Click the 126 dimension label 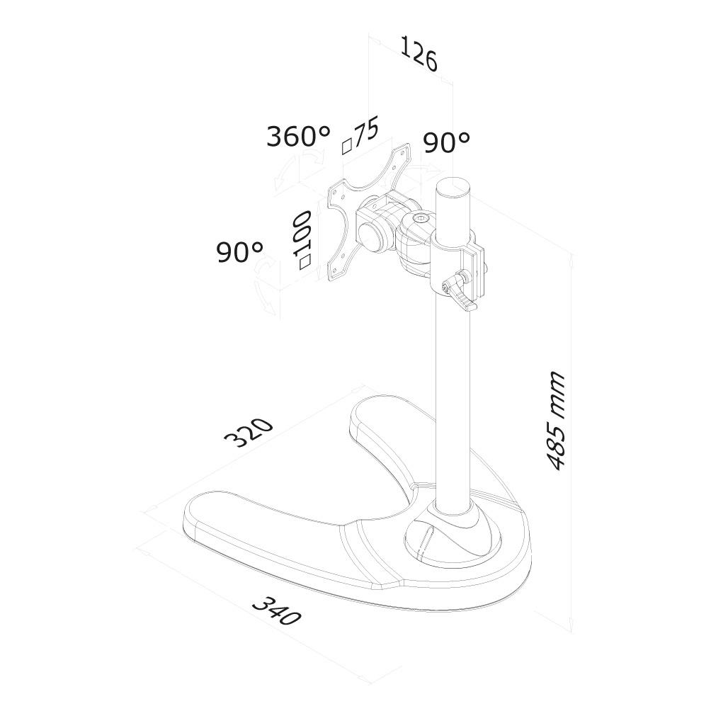(x=419, y=55)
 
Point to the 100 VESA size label (x=302, y=234)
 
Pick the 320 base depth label (x=249, y=431)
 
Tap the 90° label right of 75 (x=447, y=142)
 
